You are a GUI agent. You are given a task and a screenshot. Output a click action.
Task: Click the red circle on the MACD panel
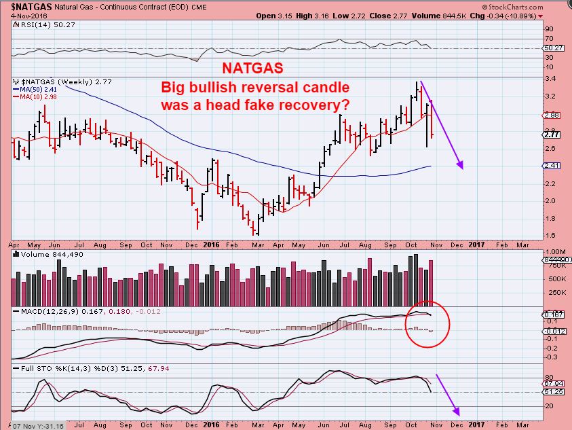pyautogui.click(x=427, y=324)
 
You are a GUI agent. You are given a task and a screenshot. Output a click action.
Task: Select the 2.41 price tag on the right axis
pyautogui.click(x=552, y=165)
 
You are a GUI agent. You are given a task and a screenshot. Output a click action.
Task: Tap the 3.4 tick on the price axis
pyautogui.click(x=550, y=78)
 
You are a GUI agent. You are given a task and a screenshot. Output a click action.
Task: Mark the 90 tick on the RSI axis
pyautogui.click(x=549, y=29)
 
